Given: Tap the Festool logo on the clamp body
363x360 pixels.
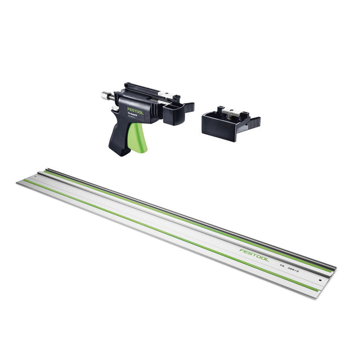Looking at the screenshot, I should coord(135,111).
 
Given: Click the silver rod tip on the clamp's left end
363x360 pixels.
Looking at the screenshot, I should coord(105,95).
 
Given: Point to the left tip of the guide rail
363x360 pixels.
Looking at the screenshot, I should coord(17,183).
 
